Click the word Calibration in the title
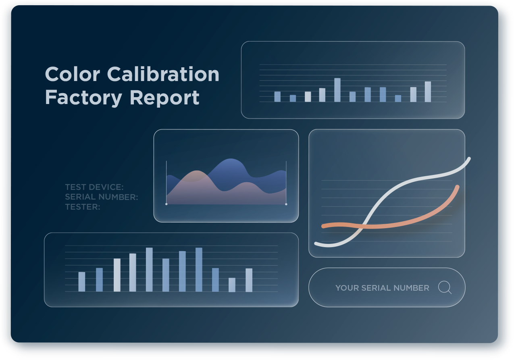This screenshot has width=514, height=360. [163, 74]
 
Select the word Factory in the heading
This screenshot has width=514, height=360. [83, 98]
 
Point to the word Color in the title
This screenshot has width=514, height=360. [73, 74]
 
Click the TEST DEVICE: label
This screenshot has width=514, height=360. [94, 187]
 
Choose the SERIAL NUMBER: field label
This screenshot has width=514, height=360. [102, 197]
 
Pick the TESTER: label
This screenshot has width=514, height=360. [83, 207]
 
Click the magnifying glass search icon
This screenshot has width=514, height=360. [445, 287]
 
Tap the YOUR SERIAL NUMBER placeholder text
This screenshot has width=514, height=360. [382, 288]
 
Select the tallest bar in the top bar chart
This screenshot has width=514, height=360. [337, 90]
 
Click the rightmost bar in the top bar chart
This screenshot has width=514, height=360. [428, 92]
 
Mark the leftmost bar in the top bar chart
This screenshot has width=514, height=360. [277, 97]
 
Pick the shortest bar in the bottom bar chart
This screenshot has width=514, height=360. [232, 285]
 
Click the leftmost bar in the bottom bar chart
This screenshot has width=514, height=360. [82, 282]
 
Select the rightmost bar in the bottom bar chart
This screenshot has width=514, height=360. [249, 280]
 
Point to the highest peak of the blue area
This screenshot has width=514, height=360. [231, 159]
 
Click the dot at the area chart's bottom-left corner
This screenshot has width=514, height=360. [166, 204]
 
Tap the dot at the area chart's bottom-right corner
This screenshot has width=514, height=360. [286, 204]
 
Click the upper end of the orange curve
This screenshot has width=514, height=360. [458, 187]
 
